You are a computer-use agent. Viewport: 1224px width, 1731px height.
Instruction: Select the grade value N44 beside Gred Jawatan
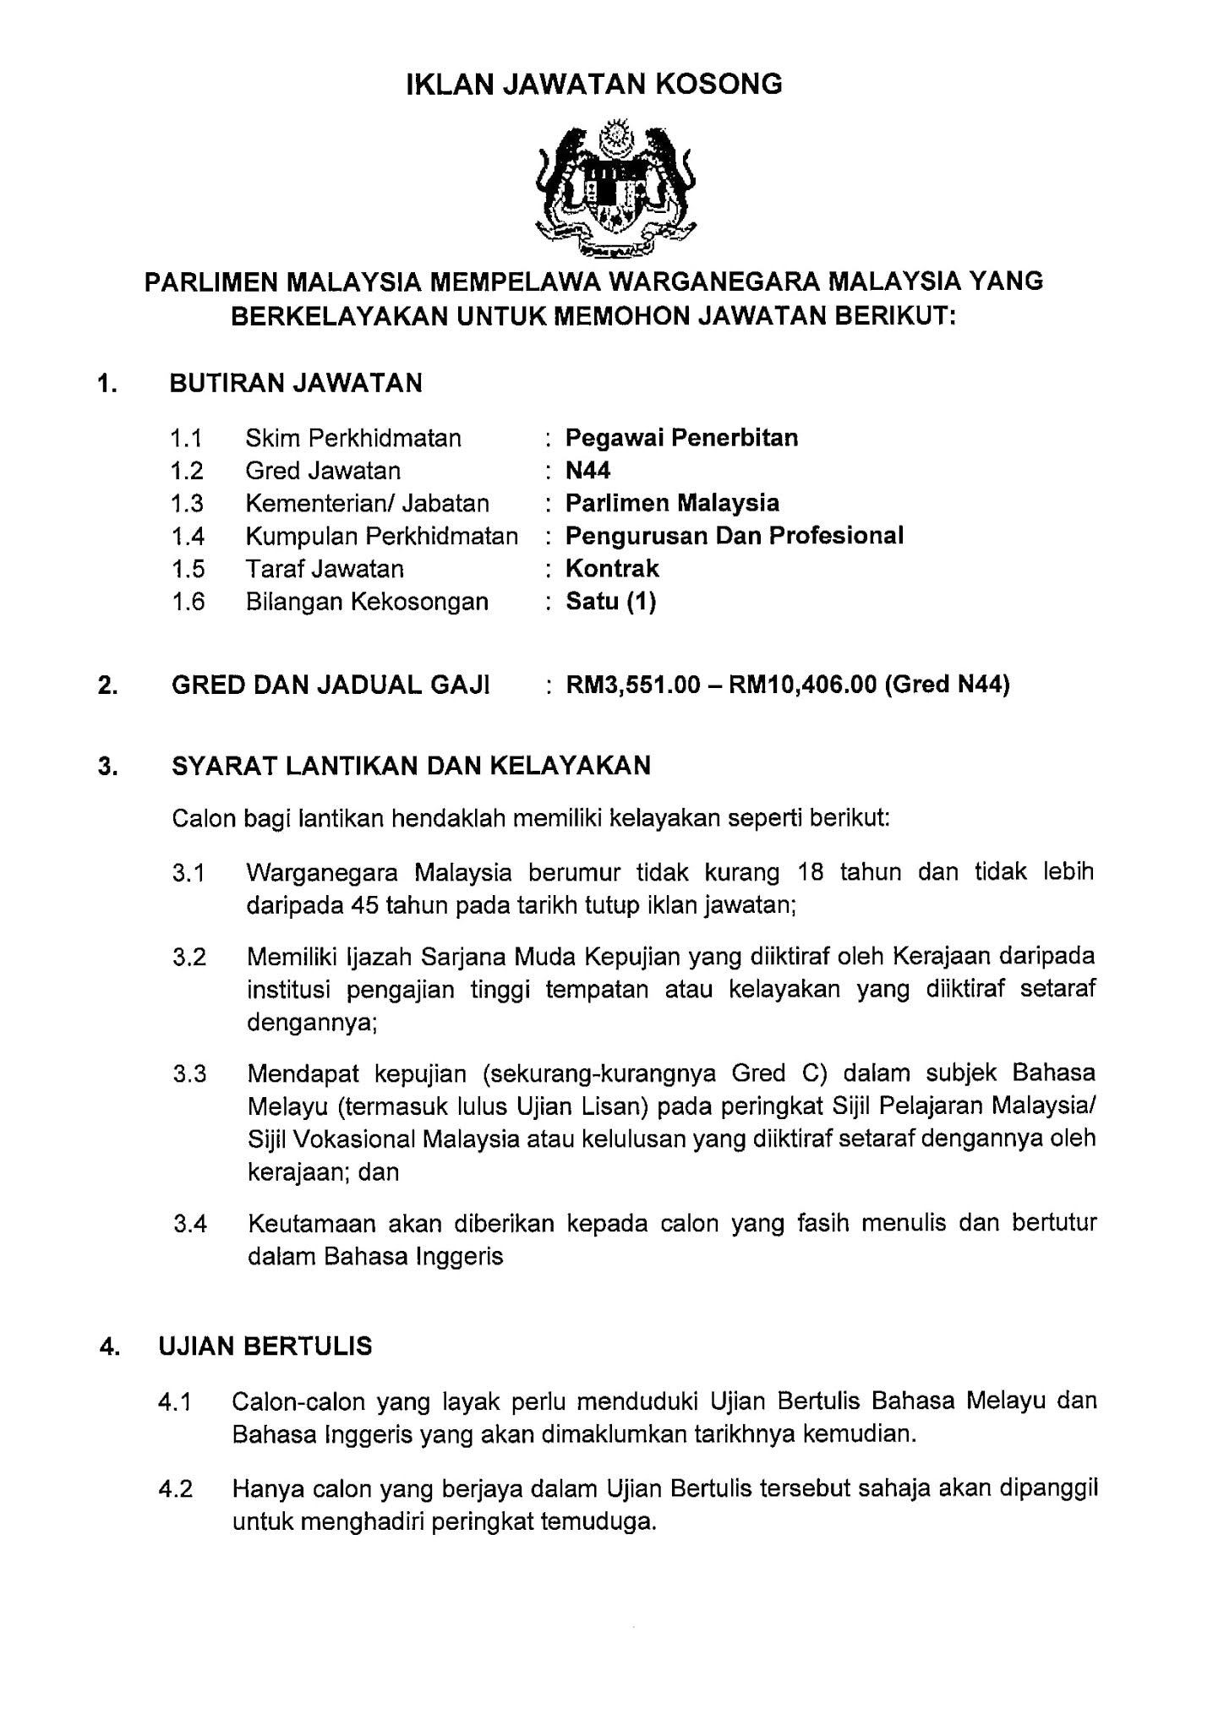tap(587, 471)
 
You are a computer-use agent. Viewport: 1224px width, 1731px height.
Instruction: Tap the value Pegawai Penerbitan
tap(681, 438)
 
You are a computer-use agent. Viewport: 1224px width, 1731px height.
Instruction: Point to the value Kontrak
tap(612, 569)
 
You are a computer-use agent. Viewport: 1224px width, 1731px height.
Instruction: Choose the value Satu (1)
tap(610, 602)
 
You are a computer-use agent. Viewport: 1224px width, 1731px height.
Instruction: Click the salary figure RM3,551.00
tap(633, 685)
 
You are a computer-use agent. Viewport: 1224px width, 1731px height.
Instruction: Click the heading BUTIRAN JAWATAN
tap(296, 383)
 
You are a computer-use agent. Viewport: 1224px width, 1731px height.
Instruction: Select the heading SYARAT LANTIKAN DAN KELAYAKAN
tap(411, 766)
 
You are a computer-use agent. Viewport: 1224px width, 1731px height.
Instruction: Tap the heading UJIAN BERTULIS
tap(265, 1346)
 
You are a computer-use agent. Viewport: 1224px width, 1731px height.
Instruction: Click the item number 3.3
tap(189, 1074)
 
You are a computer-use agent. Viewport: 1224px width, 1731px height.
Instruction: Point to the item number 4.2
tap(175, 1488)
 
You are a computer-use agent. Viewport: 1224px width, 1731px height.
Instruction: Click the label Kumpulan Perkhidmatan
tap(381, 536)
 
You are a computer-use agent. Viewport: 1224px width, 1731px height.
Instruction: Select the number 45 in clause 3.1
tap(360, 905)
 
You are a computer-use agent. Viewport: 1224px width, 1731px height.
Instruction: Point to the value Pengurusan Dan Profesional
tap(734, 536)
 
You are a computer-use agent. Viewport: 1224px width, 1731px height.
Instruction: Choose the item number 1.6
tap(188, 602)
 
